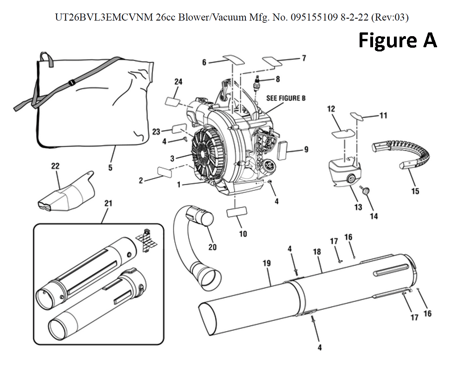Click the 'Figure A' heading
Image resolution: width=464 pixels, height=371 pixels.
tap(398, 40)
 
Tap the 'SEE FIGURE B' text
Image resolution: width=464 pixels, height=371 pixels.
tap(286, 98)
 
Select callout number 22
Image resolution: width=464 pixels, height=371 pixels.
tap(56, 165)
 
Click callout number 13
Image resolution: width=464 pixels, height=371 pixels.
tap(358, 207)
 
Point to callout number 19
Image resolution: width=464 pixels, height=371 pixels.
tap(266, 263)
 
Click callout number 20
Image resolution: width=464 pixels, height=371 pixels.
tap(212, 247)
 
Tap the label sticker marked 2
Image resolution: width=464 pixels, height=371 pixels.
tap(166, 171)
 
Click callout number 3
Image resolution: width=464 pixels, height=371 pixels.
tap(172, 158)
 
